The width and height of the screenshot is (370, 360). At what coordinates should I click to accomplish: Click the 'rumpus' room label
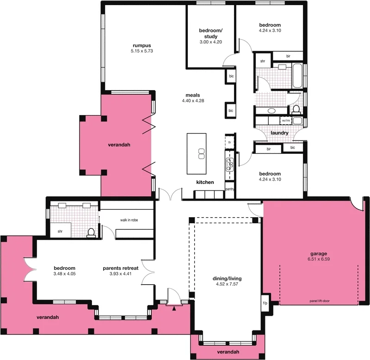click(x=142, y=45)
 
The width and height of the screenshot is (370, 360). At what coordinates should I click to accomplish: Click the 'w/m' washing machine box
click(x=286, y=121)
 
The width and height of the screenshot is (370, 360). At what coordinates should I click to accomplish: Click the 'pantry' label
click(x=230, y=189)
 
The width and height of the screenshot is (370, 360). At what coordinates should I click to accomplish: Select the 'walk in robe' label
click(x=129, y=220)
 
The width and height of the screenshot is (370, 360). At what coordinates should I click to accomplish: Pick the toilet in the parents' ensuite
click(x=91, y=232)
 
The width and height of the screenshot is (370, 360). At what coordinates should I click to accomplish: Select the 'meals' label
click(x=193, y=95)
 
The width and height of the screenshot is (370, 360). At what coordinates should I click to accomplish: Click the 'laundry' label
click(x=280, y=133)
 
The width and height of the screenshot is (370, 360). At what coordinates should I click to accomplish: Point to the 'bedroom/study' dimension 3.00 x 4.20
click(x=210, y=42)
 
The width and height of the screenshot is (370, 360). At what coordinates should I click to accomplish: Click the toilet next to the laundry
click(x=296, y=110)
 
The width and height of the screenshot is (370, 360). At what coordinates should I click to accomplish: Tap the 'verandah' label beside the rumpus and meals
click(x=119, y=145)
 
